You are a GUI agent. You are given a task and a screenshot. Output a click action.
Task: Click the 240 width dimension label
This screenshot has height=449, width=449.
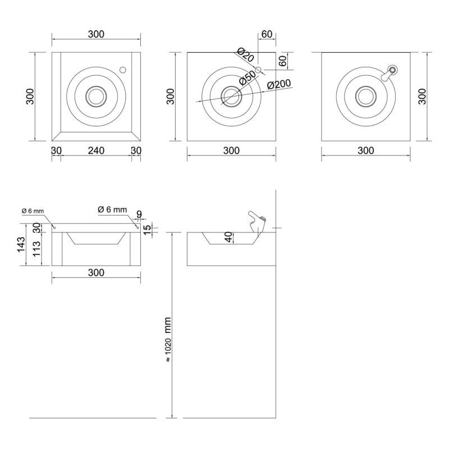click(x=96, y=150)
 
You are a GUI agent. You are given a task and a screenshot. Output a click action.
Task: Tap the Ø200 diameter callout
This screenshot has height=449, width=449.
click(x=278, y=85)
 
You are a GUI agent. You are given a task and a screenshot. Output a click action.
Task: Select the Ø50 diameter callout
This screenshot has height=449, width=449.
click(x=247, y=78)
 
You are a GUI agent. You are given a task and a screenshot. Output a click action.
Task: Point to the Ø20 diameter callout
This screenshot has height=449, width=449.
click(x=246, y=55)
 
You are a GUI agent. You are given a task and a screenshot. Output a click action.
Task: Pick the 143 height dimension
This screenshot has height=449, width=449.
click(x=21, y=245)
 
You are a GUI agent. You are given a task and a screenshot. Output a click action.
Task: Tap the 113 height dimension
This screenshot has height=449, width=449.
click(x=36, y=249)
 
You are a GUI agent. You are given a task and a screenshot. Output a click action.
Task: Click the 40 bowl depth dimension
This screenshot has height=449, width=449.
click(x=228, y=237)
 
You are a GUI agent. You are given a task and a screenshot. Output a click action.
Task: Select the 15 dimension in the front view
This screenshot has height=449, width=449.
click(x=146, y=230)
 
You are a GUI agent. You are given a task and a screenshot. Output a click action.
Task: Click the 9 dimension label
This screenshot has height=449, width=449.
click(x=139, y=214)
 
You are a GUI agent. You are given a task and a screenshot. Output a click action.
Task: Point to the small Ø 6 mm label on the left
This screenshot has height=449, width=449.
click(x=33, y=211)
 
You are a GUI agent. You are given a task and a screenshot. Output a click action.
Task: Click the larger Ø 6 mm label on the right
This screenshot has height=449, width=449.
click(x=112, y=209)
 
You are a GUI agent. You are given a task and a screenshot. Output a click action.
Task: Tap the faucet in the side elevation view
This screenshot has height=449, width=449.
click(x=257, y=223)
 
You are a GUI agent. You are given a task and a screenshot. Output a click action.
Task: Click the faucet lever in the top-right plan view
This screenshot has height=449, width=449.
click(x=390, y=74)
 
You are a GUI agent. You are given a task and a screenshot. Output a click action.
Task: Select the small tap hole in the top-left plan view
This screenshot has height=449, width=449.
click(x=123, y=70)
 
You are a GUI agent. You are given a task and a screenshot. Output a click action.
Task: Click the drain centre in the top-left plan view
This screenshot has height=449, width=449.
click(x=96, y=97)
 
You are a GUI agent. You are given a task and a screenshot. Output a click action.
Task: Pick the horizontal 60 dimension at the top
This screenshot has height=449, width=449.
click(x=267, y=34)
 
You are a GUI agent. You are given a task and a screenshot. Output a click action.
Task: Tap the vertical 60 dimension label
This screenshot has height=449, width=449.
click(x=283, y=61)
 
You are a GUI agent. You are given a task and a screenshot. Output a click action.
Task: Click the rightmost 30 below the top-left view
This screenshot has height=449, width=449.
click(x=136, y=150)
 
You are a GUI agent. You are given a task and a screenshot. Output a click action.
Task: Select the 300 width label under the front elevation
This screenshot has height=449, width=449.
click(x=96, y=273)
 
